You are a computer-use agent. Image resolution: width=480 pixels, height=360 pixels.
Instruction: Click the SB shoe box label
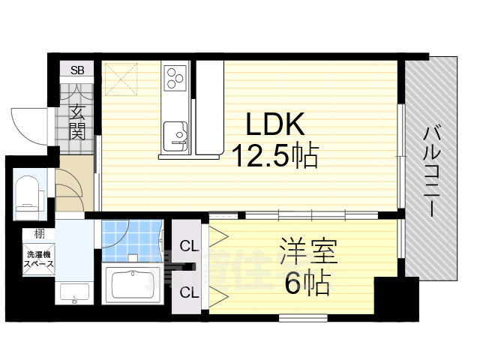(77, 71)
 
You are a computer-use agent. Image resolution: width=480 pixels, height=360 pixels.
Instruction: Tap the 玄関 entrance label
(77, 122)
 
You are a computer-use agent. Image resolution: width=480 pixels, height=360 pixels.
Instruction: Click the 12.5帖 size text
(275, 156)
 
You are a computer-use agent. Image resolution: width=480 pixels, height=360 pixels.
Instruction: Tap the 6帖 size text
(309, 283)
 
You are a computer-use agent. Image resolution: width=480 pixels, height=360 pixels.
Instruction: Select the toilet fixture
(28, 192)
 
